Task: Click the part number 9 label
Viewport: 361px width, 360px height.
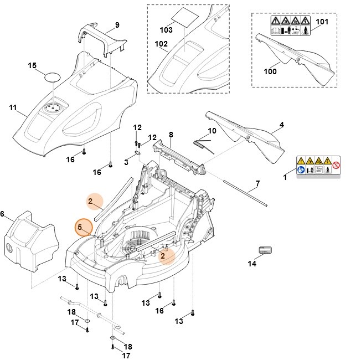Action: point(117,24)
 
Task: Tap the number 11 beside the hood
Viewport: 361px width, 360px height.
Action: point(13,107)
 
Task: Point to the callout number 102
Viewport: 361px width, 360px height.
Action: point(161,44)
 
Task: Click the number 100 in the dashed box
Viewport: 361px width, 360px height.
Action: point(270,70)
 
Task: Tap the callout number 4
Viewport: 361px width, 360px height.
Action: point(281,125)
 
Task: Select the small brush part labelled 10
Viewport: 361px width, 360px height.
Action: point(203,143)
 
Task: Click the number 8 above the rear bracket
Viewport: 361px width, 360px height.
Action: point(171,135)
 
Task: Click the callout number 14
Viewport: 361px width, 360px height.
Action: point(252,264)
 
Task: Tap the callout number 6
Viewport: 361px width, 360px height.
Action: point(2,214)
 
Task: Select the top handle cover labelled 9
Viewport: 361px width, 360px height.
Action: point(105,43)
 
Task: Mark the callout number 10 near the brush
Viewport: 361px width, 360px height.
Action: point(212,131)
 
